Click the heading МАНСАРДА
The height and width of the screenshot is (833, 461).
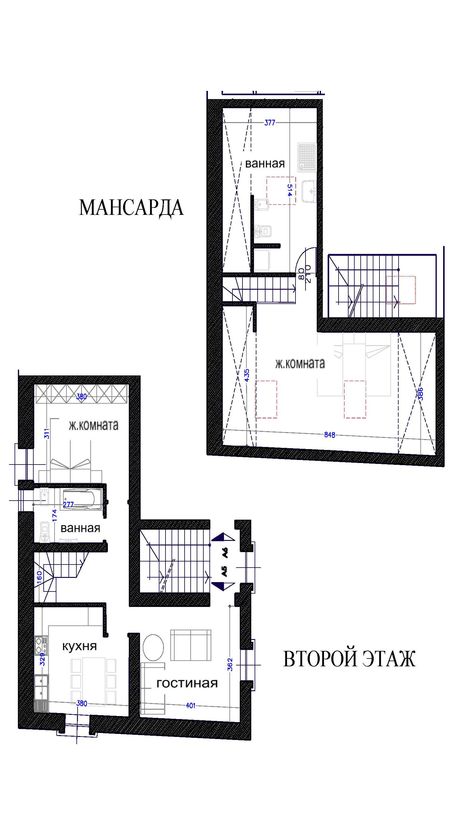click(131, 208)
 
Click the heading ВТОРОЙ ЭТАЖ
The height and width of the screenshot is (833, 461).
click(349, 659)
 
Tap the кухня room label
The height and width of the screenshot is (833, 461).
click(80, 646)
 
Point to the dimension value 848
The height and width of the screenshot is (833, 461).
click(330, 435)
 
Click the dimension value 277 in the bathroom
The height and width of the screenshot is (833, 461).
click(68, 505)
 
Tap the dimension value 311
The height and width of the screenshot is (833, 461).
click(47, 433)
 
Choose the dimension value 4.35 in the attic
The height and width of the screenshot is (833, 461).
click(247, 375)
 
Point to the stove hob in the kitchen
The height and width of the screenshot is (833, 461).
click(41, 645)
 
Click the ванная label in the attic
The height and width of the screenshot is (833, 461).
click(265, 164)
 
